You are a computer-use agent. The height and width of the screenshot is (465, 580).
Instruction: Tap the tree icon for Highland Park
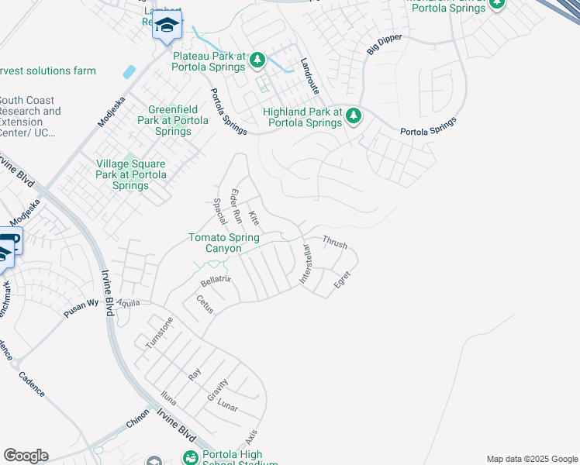[354, 115]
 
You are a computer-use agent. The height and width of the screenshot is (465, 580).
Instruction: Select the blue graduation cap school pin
[166, 26]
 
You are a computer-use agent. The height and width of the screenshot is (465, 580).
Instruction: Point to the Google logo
[26, 456]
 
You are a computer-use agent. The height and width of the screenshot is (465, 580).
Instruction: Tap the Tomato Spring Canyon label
[226, 243]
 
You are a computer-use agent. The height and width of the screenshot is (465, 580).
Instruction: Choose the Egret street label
[342, 279]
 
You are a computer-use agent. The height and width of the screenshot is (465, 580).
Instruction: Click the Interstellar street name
[306, 264]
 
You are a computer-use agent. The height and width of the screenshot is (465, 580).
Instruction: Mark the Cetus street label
[204, 303]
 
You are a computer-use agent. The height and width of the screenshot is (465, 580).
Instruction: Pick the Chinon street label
[136, 425]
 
